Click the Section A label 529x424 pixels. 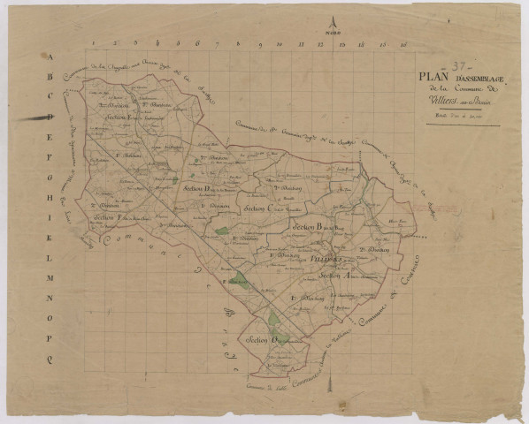pyautogui.click(x=336, y=276)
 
